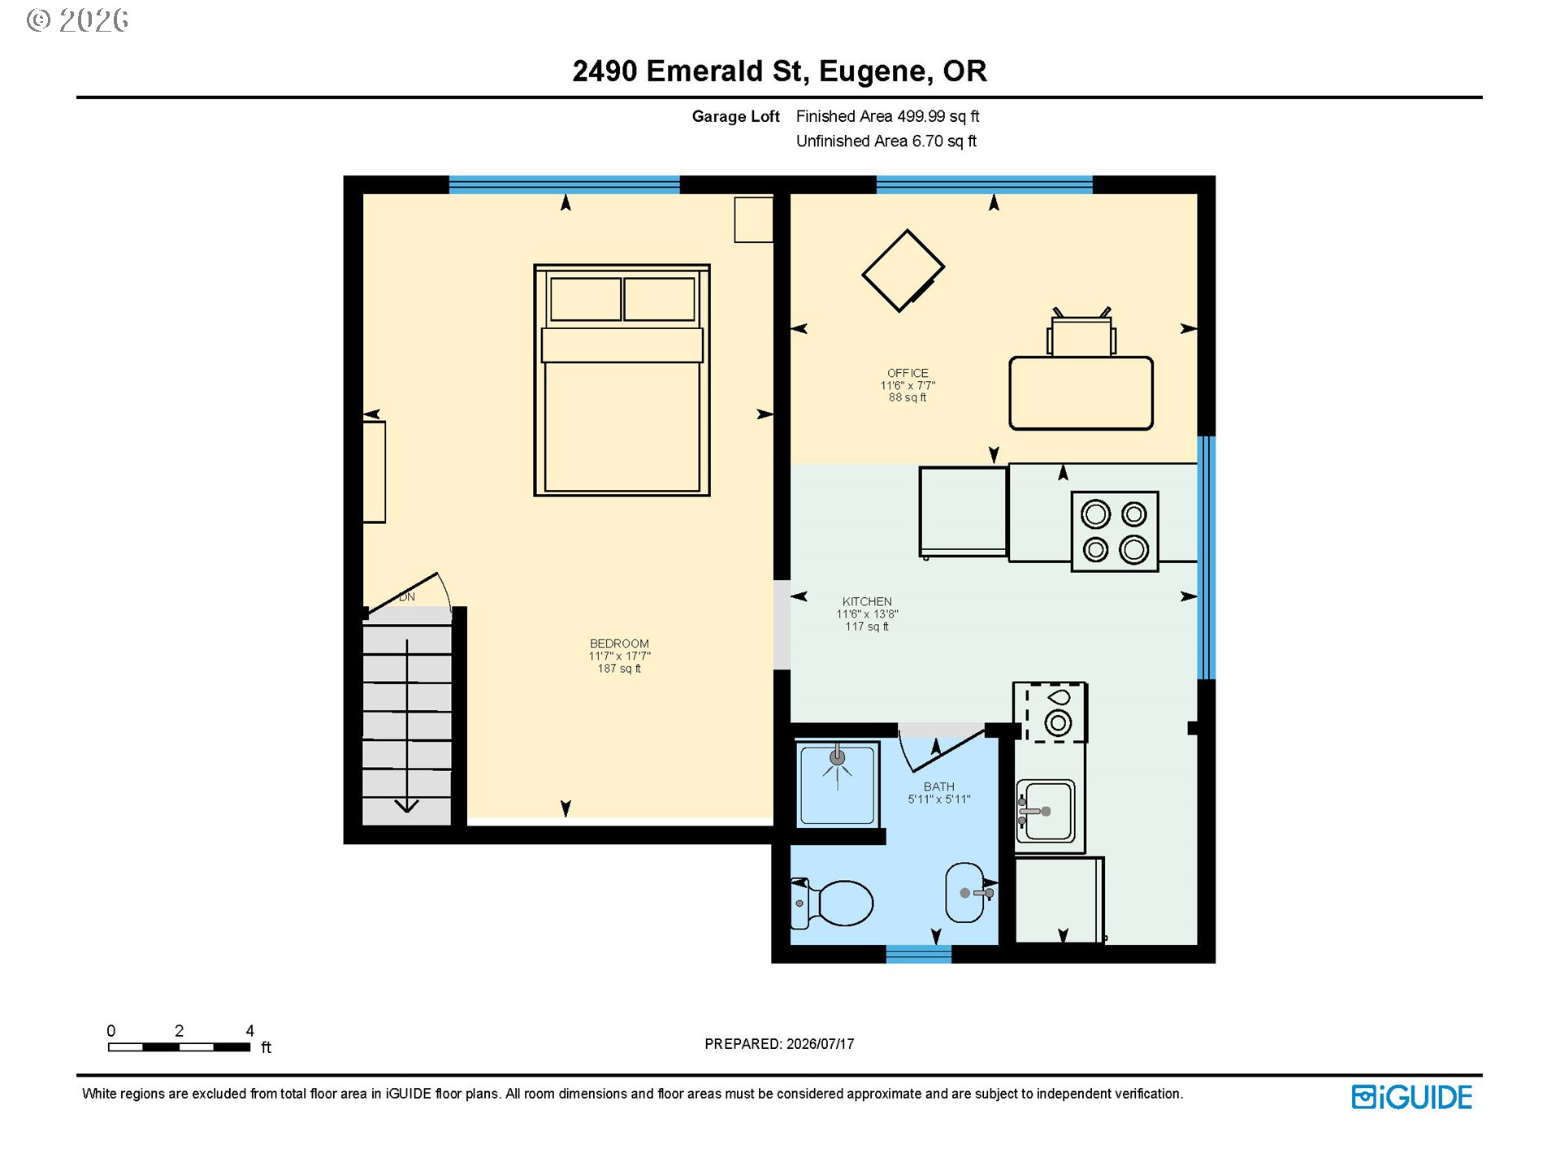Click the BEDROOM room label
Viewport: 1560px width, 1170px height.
point(619,643)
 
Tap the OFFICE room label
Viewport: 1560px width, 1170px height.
point(908,373)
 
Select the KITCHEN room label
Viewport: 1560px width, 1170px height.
point(867,601)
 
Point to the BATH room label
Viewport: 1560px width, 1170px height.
point(938,786)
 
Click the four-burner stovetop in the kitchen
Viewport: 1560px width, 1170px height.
point(1115,531)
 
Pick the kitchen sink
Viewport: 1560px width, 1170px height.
point(1046,811)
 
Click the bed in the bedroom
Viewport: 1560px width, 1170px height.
point(622,379)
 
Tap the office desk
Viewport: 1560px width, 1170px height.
point(1081,392)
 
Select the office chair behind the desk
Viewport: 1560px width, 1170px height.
point(1081,333)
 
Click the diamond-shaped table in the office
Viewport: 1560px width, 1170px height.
point(903,271)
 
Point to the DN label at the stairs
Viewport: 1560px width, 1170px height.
point(407,597)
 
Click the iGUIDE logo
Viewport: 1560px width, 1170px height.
point(1411,1097)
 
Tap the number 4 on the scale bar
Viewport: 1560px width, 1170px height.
point(250,1030)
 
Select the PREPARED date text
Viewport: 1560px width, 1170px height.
point(779,1044)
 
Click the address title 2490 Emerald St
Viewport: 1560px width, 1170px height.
point(779,71)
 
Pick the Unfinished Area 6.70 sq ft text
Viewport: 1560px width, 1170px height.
point(886,141)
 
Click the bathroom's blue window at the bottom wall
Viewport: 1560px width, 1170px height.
point(918,954)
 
